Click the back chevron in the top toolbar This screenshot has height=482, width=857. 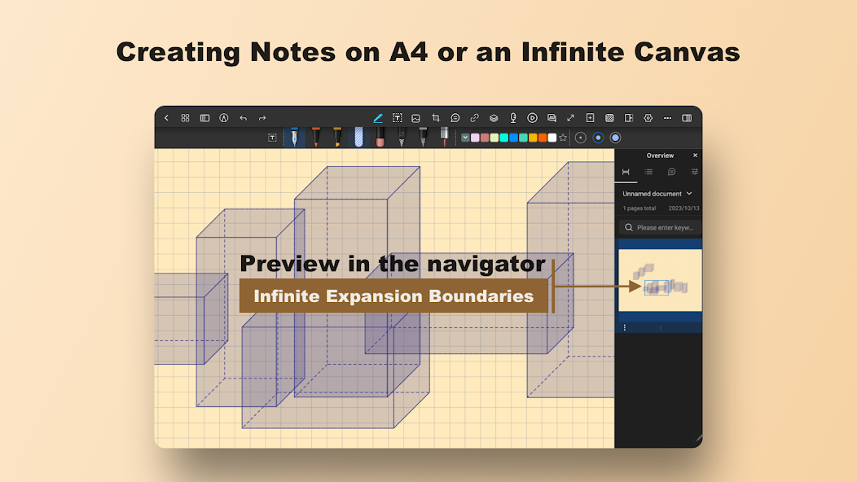167,118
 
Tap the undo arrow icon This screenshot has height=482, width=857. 244,118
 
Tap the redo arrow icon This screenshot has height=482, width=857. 262,118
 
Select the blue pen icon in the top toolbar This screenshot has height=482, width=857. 378,118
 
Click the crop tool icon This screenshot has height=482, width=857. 436,118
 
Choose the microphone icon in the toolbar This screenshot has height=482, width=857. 512,118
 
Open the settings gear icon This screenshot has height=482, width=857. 648,118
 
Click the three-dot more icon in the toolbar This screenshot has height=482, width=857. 667,118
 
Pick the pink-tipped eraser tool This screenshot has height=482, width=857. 380,137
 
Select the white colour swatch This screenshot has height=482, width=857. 552,138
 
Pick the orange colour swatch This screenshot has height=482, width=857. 543,138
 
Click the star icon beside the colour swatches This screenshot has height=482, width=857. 563,138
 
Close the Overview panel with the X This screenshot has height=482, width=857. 695,156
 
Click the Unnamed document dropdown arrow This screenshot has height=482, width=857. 689,194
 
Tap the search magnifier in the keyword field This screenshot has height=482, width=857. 629,227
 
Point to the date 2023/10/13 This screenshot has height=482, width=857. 683,208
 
